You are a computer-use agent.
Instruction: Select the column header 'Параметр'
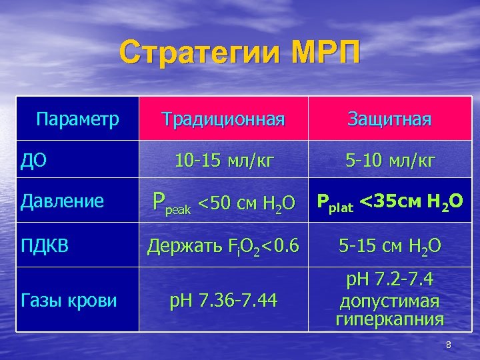[x=78, y=119]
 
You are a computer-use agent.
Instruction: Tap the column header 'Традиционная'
[x=223, y=119]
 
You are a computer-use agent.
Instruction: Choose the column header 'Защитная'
[x=389, y=119]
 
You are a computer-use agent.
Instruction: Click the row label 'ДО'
[x=33, y=161]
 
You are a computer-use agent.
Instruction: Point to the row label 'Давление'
[x=62, y=201]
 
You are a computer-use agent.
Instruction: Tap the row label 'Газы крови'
[x=69, y=301]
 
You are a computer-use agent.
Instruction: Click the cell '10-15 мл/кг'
[x=223, y=161]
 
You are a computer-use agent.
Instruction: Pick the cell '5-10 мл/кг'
[x=389, y=161]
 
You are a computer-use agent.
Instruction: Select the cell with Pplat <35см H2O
[x=389, y=201]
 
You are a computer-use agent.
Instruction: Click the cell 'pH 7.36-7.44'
[x=223, y=301]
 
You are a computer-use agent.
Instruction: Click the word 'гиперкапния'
[x=389, y=319]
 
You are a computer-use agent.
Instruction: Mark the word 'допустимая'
[x=389, y=301]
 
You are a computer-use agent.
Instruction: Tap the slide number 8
[x=449, y=345]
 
